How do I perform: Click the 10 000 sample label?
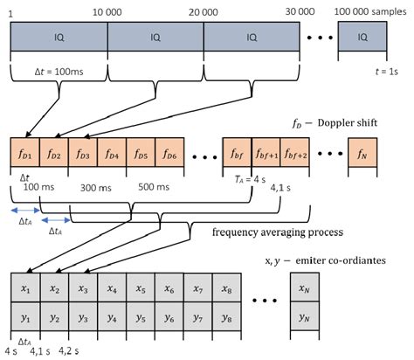106,8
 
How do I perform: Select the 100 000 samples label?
371,8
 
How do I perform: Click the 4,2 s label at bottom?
70,353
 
